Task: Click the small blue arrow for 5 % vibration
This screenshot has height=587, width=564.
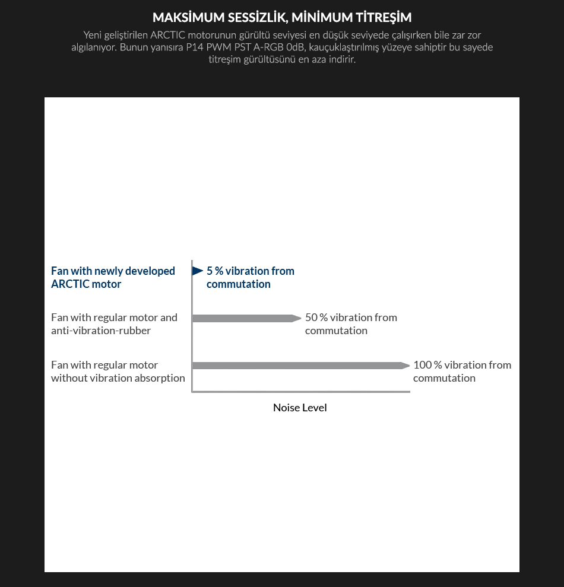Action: [x=198, y=271]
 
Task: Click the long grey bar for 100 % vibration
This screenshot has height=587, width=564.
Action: [x=300, y=366]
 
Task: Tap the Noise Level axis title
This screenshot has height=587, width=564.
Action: [x=300, y=408]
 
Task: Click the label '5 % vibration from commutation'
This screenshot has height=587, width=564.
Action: [x=250, y=277]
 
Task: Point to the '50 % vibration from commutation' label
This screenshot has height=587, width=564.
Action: [x=351, y=324]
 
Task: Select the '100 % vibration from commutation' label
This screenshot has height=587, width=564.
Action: [x=462, y=372]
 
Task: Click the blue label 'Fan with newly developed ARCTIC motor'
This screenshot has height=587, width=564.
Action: [x=113, y=277]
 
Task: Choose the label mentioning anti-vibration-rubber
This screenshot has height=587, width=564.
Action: [x=114, y=324]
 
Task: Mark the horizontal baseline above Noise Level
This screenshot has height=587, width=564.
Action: [x=300, y=392]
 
